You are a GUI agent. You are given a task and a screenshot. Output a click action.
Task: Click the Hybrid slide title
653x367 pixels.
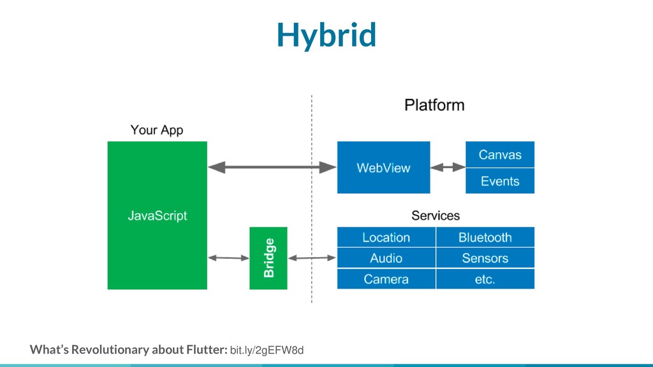click(x=326, y=35)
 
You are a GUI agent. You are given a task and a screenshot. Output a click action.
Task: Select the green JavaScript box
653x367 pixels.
click(x=158, y=215)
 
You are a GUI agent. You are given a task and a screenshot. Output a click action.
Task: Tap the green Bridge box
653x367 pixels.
click(x=268, y=258)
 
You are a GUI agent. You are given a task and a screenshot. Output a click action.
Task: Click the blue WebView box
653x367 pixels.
click(x=383, y=168)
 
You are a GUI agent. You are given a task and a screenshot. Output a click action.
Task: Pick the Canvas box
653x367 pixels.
click(x=500, y=154)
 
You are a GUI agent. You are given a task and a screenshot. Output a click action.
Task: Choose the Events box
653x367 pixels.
click(x=500, y=181)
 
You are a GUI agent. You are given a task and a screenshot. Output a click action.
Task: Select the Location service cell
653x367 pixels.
click(x=386, y=237)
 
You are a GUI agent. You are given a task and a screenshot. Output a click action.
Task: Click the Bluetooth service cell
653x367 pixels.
click(x=485, y=237)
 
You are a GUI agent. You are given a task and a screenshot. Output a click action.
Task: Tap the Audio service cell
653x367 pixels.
click(x=386, y=258)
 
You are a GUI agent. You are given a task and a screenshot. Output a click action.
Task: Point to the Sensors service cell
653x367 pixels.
click(x=485, y=258)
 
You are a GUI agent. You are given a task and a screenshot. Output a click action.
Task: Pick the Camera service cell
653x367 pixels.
click(x=386, y=279)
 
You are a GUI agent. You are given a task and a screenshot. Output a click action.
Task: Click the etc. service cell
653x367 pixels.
click(x=485, y=279)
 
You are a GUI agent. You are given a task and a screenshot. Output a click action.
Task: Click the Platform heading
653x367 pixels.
click(x=434, y=105)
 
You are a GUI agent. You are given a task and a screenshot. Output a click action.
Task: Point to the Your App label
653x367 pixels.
click(x=157, y=130)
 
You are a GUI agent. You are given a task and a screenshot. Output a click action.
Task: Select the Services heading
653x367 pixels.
click(x=436, y=215)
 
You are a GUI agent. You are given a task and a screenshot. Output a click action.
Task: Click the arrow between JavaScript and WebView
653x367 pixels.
click(x=272, y=168)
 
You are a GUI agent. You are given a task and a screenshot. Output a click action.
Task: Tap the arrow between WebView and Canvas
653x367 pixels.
click(x=448, y=168)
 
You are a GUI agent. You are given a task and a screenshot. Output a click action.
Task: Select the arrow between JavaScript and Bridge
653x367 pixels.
click(x=228, y=258)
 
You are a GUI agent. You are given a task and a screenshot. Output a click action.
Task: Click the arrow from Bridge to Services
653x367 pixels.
click(x=312, y=258)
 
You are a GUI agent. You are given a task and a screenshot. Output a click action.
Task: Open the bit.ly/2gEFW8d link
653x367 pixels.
click(x=267, y=350)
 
